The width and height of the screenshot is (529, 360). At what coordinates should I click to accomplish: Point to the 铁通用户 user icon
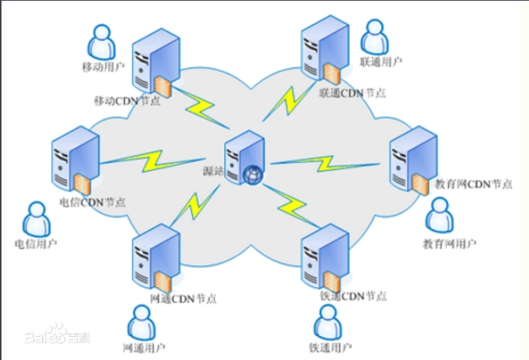pyautogui.click(x=328, y=323)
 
